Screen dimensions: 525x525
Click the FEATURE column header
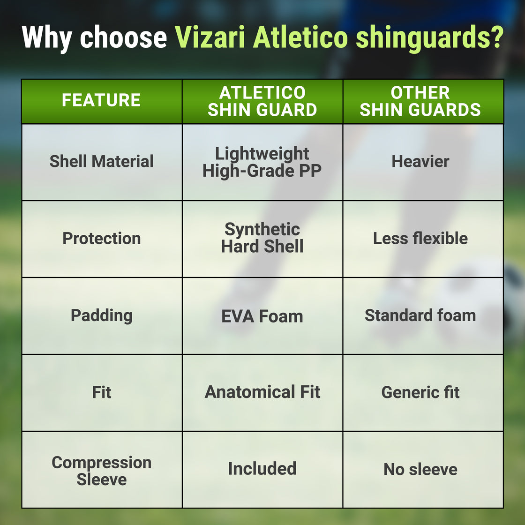click(101, 100)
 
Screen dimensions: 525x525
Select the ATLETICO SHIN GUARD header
click(262, 101)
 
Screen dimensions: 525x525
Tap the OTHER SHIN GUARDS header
click(420, 101)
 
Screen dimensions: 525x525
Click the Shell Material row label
click(101, 161)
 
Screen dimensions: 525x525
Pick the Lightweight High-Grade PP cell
click(262, 162)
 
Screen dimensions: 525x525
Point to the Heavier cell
click(420, 161)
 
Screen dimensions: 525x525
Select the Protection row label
click(101, 238)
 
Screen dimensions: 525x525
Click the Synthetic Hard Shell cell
click(262, 238)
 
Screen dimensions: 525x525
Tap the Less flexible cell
click(420, 238)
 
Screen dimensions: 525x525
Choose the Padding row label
click(101, 315)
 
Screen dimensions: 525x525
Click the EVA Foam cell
click(262, 316)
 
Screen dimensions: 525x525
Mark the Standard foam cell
click(420, 315)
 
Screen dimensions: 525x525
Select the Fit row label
click(101, 392)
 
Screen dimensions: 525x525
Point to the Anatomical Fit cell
click(262, 392)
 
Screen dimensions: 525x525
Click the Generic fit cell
click(420, 392)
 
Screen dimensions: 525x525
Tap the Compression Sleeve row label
click(101, 471)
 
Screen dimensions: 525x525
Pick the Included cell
click(262, 469)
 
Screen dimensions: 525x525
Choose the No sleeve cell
click(420, 469)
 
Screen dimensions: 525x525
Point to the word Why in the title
click(47, 37)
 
